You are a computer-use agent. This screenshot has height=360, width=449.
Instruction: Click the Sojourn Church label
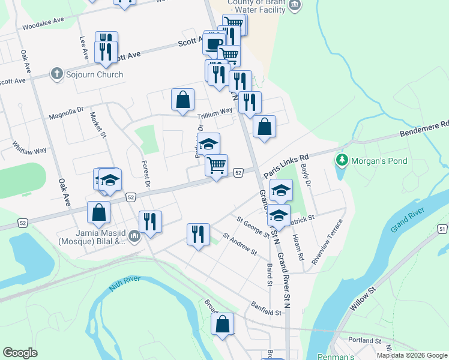click(95, 74)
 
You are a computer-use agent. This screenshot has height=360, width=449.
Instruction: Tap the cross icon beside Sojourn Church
click(57, 74)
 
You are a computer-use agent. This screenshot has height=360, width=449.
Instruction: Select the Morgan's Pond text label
click(380, 161)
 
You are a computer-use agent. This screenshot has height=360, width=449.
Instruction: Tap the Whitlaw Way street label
click(29, 148)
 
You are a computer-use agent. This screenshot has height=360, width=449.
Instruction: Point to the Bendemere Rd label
click(427, 129)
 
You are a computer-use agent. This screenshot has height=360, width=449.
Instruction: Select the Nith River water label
click(125, 283)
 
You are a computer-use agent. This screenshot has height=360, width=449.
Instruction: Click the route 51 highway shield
click(442, 229)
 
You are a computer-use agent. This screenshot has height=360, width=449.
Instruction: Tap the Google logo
click(20, 353)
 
